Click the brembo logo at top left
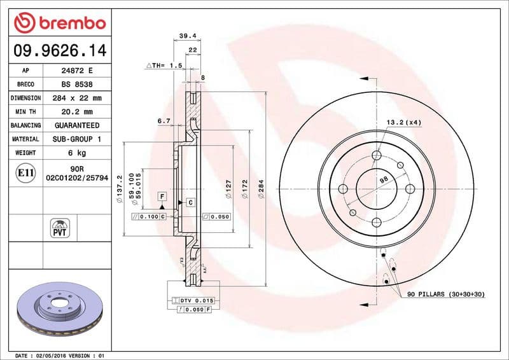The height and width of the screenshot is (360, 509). coord(59,24)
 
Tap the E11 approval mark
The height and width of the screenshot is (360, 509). coord(25,172)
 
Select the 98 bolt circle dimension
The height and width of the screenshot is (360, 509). coord(384,181)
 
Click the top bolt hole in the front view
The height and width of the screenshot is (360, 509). coord(377,156)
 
